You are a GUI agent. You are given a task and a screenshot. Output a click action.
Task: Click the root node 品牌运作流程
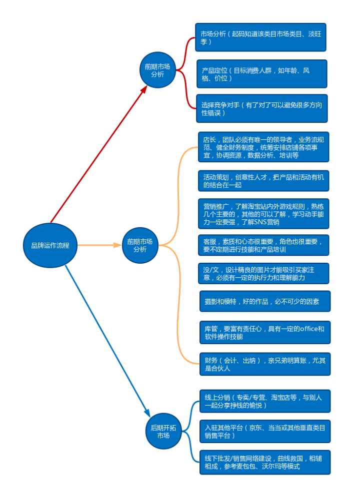[50, 245]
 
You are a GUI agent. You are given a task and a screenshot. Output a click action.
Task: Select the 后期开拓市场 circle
[163, 431]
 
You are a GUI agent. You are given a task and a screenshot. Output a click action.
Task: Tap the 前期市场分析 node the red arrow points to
[157, 70]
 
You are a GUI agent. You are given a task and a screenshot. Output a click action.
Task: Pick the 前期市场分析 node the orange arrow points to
[140, 245]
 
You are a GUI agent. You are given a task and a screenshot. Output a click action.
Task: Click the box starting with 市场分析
[260, 37]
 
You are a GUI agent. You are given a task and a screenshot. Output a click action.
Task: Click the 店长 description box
[263, 147]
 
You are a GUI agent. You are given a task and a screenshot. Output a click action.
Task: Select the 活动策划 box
[263, 181]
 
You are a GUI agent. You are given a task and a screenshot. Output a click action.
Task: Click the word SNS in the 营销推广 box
[261, 221]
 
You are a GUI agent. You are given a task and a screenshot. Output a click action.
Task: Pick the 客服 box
[263, 245]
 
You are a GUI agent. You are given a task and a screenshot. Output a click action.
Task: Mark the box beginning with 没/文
[263, 273]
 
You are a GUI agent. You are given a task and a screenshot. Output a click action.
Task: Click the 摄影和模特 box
[264, 301]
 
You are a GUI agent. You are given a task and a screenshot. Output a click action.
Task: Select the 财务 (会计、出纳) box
[264, 364]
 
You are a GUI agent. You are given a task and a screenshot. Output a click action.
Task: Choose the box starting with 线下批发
[264, 462]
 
